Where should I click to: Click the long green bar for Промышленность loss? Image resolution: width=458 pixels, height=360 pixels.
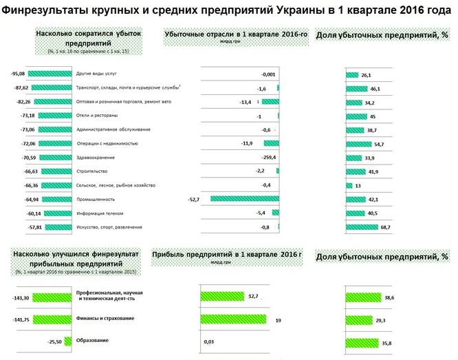click(244, 199)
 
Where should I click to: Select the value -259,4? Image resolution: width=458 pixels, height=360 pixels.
click(265, 158)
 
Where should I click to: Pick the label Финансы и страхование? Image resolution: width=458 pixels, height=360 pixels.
click(105, 318)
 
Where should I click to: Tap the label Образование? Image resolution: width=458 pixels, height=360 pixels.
click(91, 341)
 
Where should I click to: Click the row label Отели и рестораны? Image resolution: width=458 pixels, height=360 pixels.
click(96, 116)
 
